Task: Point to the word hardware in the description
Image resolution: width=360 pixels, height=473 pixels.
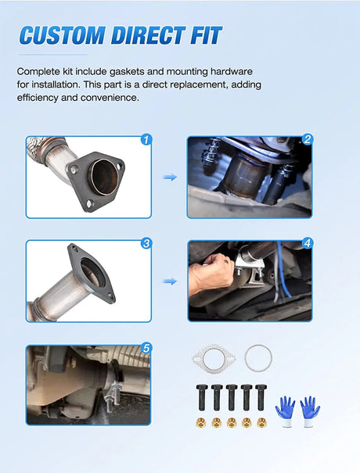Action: tap(232, 71)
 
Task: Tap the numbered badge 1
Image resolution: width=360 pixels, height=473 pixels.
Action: tap(146, 140)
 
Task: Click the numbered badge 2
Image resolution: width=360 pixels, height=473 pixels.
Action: tap(308, 139)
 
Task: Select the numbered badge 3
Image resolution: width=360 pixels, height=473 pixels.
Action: tap(146, 243)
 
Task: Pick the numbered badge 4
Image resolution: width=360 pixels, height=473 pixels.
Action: tap(308, 243)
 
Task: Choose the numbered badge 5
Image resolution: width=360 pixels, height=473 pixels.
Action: tap(146, 349)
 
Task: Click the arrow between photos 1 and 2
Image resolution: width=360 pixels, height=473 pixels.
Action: tap(170, 177)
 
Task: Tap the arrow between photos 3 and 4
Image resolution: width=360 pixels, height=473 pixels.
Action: tap(170, 281)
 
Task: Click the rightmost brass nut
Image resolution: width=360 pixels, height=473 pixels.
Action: tap(261, 423)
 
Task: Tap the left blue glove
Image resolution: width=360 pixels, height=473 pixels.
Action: tap(285, 412)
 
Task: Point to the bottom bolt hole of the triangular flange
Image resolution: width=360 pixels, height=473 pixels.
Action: tap(89, 203)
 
